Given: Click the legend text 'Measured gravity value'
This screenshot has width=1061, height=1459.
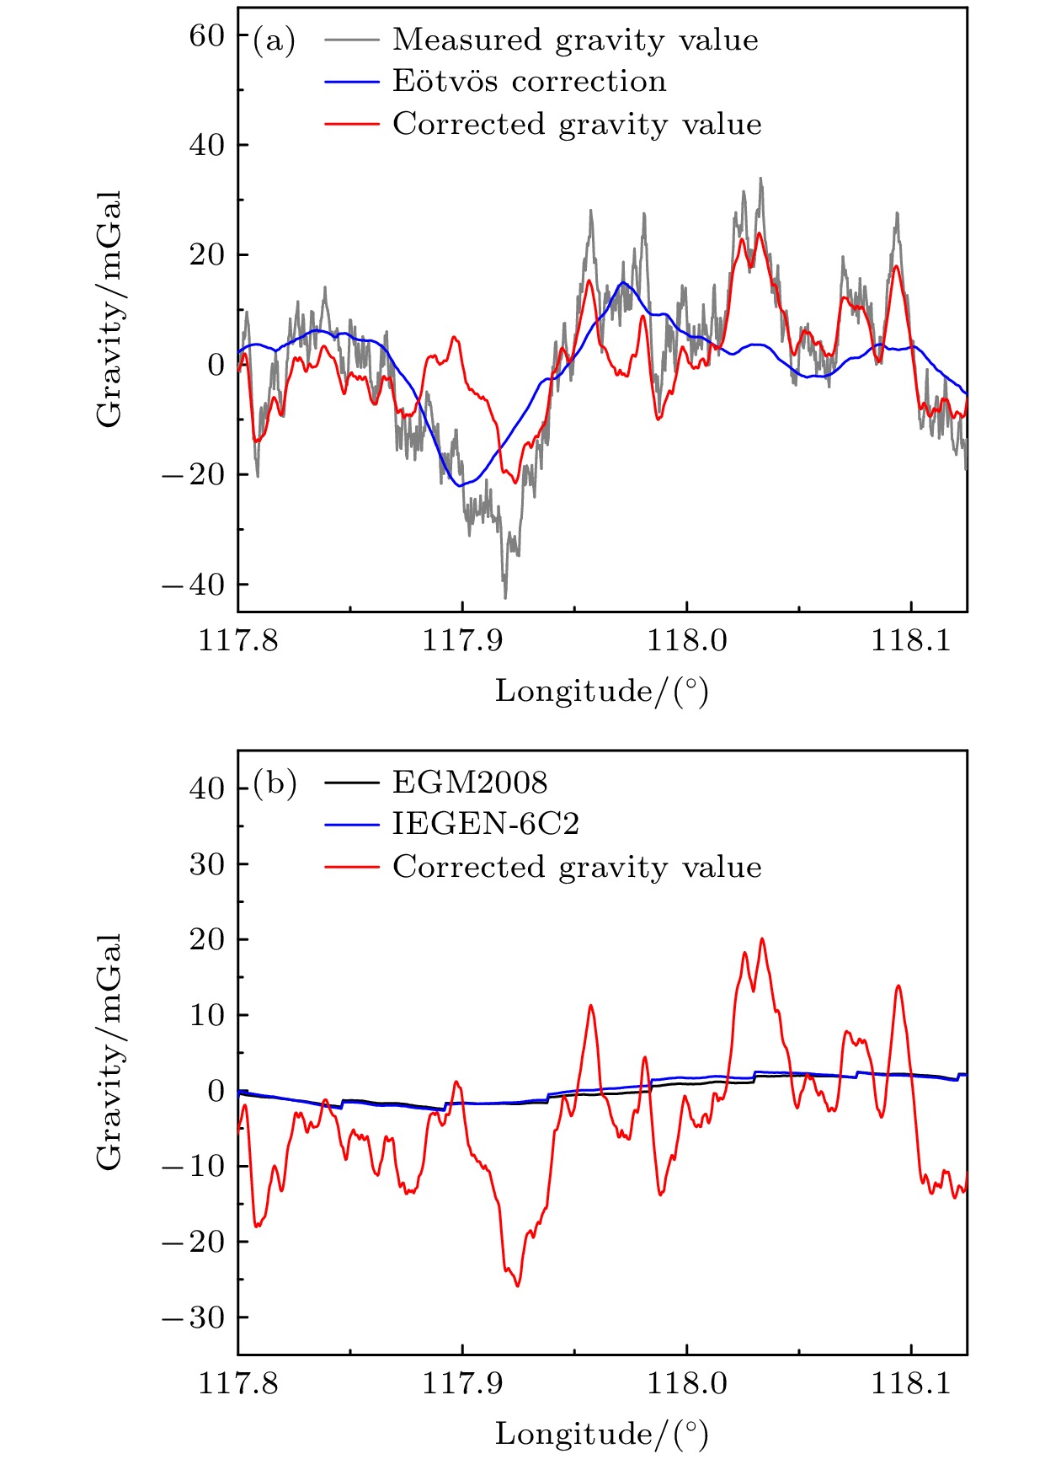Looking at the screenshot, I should pos(575,40).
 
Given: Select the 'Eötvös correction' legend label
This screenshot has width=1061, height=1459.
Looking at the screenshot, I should pos(529,81).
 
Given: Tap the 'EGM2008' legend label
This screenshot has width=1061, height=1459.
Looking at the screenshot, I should pos(470,783).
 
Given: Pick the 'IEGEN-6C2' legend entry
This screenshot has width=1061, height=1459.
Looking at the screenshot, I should pos(486,824).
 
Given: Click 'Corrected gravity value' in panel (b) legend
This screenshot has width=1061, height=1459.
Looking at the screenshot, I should pos(577,867).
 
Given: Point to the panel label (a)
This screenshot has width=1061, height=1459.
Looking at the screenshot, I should pos(275,40).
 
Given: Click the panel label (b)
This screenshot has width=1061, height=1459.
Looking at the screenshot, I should pos(275,783).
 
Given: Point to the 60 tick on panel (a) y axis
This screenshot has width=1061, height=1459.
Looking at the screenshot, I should pos(207,35).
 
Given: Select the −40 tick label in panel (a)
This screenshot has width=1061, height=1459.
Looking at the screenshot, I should pos(194,585).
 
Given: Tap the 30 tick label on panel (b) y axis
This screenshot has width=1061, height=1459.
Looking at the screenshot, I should pos(207,864).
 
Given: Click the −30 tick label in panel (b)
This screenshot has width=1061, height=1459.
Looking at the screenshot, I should pos(194,1317).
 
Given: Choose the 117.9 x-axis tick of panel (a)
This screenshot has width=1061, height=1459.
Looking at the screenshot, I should pos(462,640).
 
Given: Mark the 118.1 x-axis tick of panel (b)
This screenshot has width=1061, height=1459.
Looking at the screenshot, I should pos(910,1383).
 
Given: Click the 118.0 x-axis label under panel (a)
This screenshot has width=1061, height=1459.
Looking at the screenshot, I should pos(686,640).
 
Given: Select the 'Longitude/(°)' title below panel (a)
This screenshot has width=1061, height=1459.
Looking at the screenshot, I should pos(601,691).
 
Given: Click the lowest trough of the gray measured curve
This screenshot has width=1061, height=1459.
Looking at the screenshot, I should pos(505,597).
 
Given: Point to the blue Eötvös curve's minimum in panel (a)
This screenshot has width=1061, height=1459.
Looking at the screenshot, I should pos(460,485).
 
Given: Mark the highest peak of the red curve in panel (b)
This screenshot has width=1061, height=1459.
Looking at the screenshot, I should pos(762,939).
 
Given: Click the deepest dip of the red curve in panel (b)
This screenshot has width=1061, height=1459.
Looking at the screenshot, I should pos(517,1285).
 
